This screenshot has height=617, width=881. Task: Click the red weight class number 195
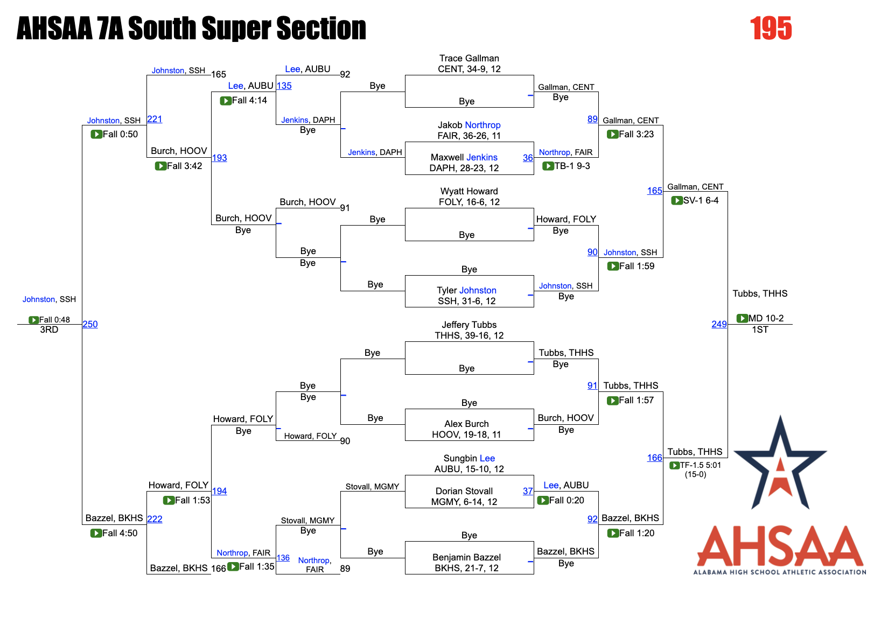[771, 29]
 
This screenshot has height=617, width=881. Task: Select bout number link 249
[719, 324]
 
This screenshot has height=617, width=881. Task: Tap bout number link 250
[90, 324]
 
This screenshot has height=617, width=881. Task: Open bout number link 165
[654, 191]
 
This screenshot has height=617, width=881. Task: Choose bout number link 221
[155, 119]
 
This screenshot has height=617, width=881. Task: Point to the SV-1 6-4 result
[701, 200]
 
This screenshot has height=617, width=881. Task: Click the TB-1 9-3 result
[572, 166]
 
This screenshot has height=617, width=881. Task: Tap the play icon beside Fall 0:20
[543, 501]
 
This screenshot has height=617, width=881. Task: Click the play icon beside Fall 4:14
[226, 101]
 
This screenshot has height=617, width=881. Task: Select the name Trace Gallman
[469, 58]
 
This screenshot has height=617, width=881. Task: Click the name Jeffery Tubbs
[469, 325]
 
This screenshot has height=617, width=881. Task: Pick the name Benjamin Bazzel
[466, 557]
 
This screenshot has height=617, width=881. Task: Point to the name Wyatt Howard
[469, 191]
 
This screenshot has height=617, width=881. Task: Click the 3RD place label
[49, 329]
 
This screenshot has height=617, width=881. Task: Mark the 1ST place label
[760, 329]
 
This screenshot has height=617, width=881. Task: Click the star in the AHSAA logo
[780, 466]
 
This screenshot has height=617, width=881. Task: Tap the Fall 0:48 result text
[54, 320]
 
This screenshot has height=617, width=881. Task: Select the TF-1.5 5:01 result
[700, 465]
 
